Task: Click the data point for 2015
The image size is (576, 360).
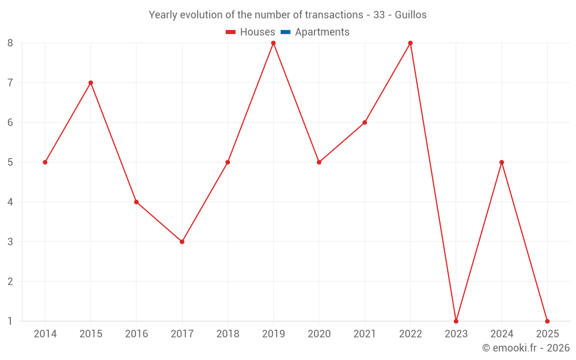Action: (x=90, y=82)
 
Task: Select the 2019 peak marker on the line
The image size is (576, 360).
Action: (x=274, y=43)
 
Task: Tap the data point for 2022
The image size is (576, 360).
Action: (x=410, y=43)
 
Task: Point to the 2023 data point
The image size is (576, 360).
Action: (x=456, y=321)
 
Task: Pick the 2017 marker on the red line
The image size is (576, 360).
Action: (x=182, y=241)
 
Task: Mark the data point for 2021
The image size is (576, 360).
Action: (x=365, y=122)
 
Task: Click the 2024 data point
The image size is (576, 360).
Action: (x=502, y=162)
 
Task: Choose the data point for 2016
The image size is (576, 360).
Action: (x=137, y=202)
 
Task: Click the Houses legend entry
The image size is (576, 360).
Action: (x=257, y=32)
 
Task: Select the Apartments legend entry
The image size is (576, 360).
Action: (x=322, y=32)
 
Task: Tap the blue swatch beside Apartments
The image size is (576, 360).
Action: (x=285, y=32)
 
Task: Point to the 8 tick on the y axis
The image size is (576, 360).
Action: (x=10, y=43)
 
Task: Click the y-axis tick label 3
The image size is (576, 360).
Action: (x=10, y=242)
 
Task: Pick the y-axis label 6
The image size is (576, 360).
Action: (x=10, y=123)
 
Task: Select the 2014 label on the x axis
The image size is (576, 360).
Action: (x=45, y=334)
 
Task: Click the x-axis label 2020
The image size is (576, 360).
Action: (x=319, y=334)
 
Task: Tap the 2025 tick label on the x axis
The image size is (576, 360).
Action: (x=547, y=334)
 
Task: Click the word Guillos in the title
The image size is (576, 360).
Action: (x=411, y=15)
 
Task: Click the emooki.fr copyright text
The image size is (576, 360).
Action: (x=526, y=348)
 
